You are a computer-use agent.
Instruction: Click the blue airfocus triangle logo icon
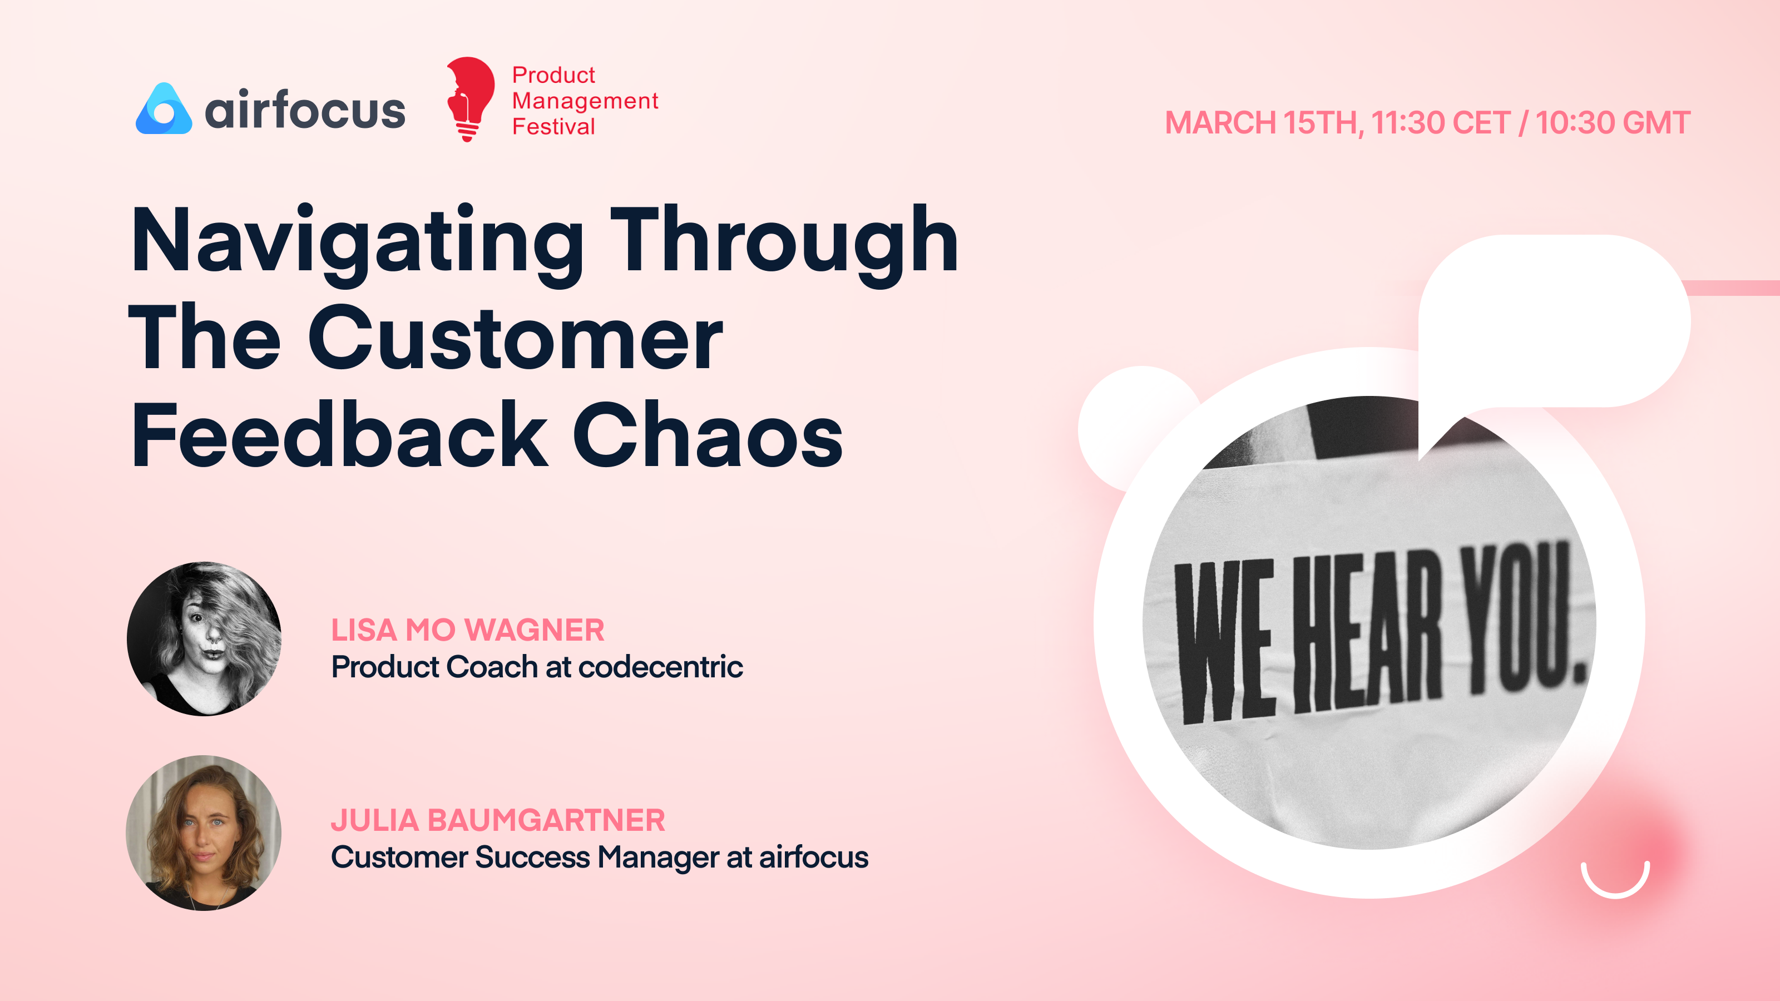(164, 111)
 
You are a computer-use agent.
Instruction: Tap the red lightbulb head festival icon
(470, 98)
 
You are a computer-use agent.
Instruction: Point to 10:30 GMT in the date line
(1613, 123)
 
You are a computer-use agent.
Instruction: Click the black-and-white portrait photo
(204, 638)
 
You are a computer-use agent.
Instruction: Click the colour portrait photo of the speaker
(204, 832)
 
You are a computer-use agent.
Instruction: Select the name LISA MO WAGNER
(468, 630)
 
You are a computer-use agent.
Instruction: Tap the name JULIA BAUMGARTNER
(497, 820)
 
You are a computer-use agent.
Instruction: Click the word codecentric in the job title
(660, 667)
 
